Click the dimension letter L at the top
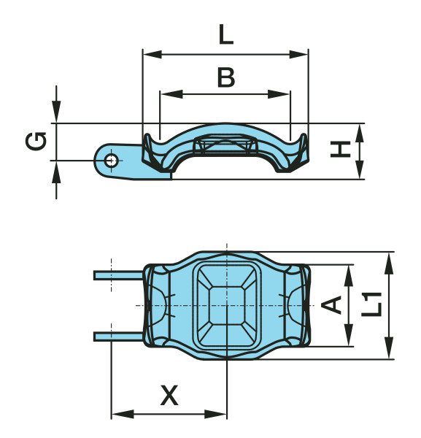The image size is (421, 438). coord(225,34)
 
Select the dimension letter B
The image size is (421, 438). coord(226,77)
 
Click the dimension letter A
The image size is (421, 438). coord(333,304)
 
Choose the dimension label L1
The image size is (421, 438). coord(372,304)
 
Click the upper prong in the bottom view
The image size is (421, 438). coord(117,275)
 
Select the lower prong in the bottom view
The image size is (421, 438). coord(117,336)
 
